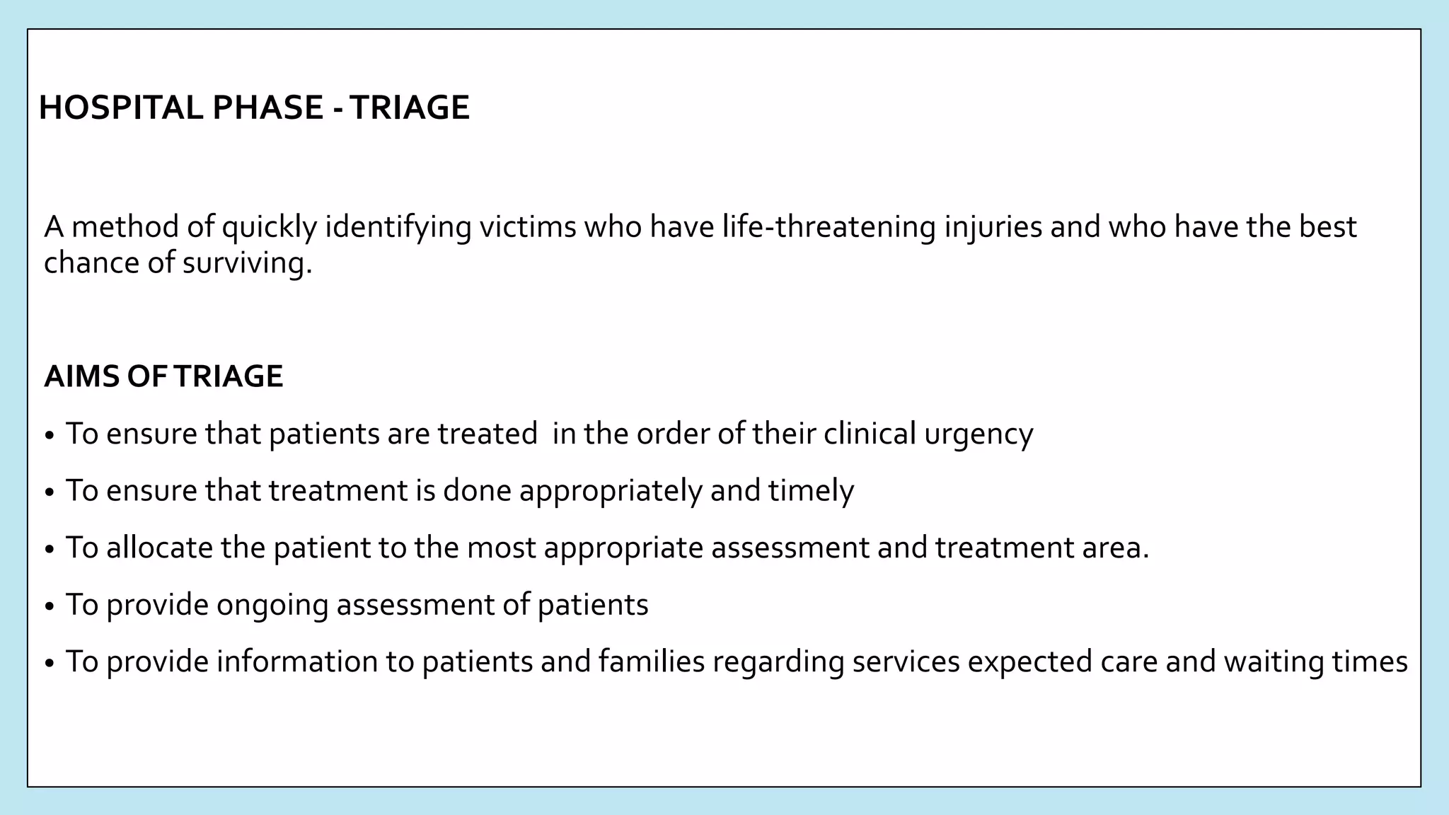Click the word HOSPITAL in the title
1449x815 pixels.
pos(120,108)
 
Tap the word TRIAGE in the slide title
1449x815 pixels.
pos(410,108)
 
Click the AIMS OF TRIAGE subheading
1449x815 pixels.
pos(163,376)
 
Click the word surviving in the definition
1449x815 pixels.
pos(247,263)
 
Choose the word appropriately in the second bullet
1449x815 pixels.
pos(610,491)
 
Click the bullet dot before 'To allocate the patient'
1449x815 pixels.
pos(49,550)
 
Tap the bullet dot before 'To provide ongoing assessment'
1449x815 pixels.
pos(49,607)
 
